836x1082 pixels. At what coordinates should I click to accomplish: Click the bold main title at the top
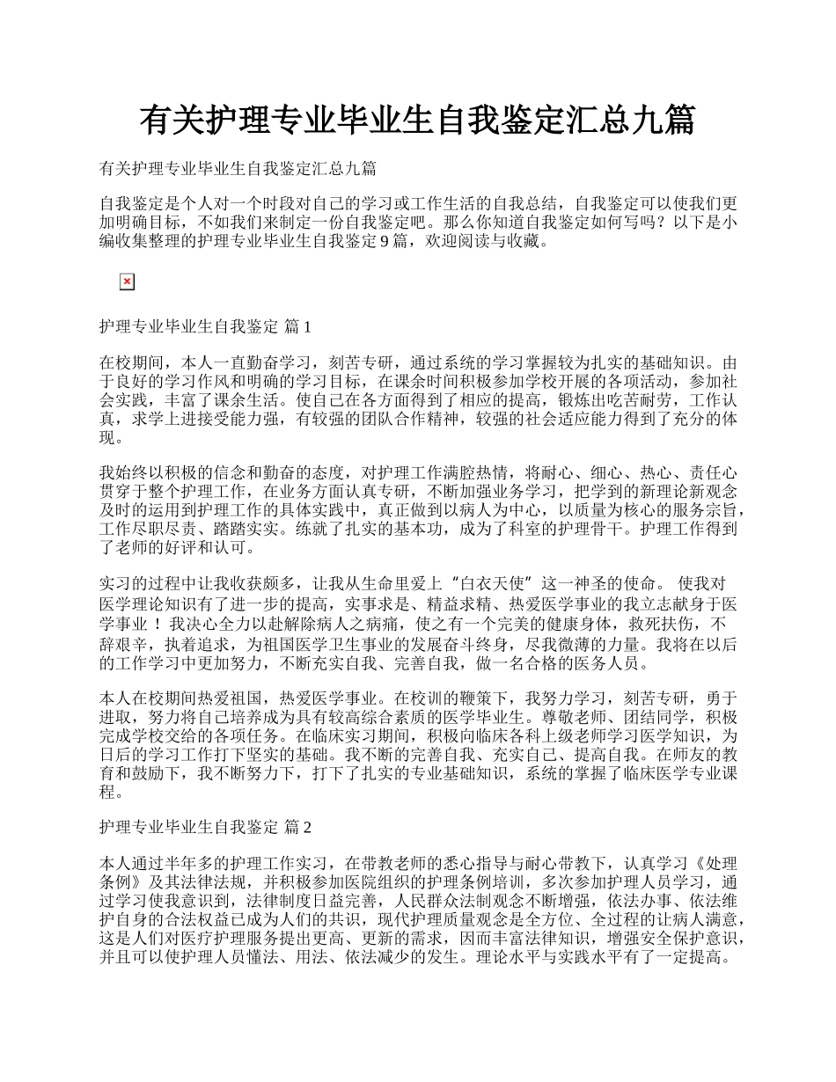click(417, 121)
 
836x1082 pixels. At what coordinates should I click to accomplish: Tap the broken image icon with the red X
click(127, 281)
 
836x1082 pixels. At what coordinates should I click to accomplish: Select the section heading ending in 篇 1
click(205, 327)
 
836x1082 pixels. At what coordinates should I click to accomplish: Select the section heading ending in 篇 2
click(205, 828)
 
